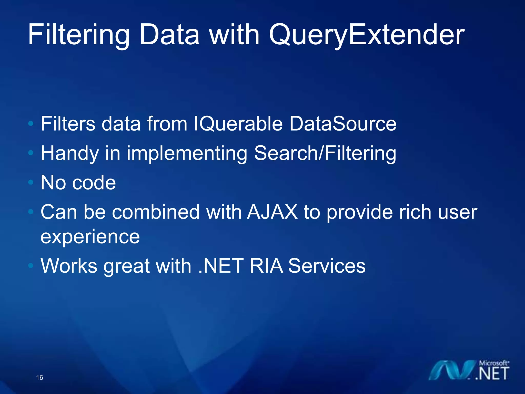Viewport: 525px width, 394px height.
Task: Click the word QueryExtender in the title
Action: tap(366, 35)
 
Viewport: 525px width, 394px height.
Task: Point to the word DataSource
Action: tap(343, 124)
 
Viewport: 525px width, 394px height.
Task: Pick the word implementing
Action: tap(187, 153)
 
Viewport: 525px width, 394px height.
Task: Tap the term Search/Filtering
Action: tap(325, 153)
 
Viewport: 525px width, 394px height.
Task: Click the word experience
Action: tap(90, 237)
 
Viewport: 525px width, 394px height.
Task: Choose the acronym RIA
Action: tap(266, 266)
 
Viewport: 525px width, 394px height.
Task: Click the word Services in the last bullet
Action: tap(327, 266)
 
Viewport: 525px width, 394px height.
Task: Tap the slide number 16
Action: tap(40, 378)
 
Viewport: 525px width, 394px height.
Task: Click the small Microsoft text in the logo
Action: tap(494, 363)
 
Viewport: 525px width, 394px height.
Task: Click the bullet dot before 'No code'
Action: tap(31, 183)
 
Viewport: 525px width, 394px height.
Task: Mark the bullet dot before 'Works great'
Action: tap(31, 266)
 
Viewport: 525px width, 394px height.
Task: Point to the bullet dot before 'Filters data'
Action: tap(31, 124)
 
